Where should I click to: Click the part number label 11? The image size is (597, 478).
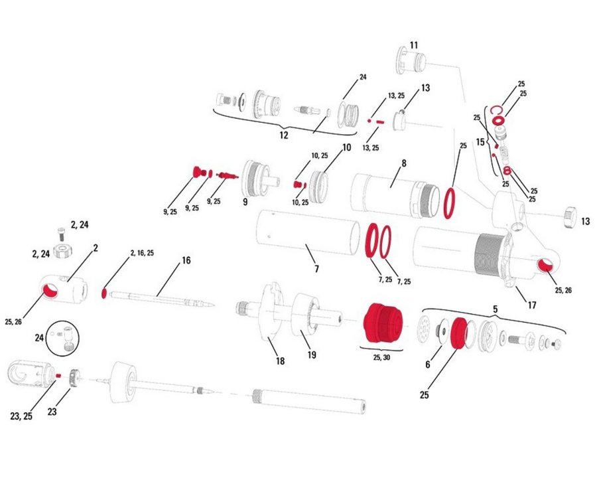[x=414, y=45]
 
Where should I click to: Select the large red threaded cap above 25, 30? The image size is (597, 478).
[x=382, y=323]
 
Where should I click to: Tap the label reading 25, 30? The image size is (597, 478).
[x=381, y=357]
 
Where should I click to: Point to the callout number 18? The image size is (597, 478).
[x=280, y=360]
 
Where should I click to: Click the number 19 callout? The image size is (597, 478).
[x=312, y=355]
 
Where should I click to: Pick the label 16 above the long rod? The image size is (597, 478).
[x=186, y=260]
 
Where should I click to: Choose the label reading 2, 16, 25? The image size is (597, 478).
[x=142, y=253]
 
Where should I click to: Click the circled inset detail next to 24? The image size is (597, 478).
[x=62, y=338]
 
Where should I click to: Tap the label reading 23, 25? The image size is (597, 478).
[x=21, y=416]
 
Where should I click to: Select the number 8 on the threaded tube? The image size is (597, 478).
[x=404, y=163]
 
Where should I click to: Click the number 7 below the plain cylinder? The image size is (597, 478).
[x=316, y=269]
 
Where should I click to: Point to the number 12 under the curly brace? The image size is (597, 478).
[x=284, y=135]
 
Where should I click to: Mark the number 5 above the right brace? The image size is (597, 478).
[x=495, y=309]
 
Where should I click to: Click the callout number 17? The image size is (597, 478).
[x=531, y=305]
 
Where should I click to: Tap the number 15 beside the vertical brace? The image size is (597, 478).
[x=480, y=142]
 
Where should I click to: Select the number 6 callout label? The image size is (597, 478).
[x=428, y=364]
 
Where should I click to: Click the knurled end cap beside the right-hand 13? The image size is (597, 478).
[x=569, y=218]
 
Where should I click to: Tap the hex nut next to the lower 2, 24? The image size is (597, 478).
[x=63, y=251]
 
